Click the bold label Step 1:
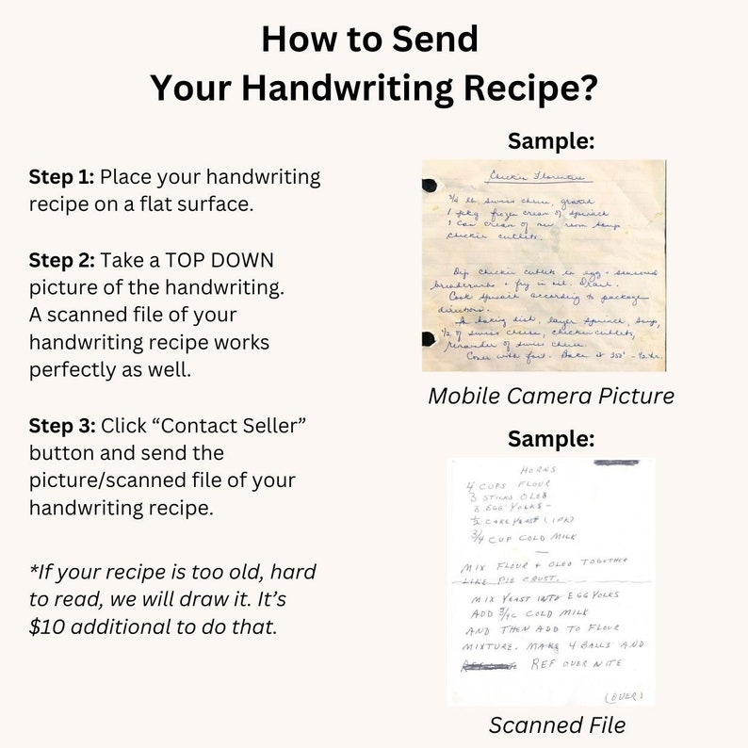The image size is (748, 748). pos(61,177)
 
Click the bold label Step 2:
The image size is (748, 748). pos(61,260)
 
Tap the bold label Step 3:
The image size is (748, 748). pos(61,426)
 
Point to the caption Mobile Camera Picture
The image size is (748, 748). pos(551,396)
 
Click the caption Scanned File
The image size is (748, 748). pos(556,724)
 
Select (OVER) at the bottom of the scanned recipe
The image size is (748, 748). pos(623,696)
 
